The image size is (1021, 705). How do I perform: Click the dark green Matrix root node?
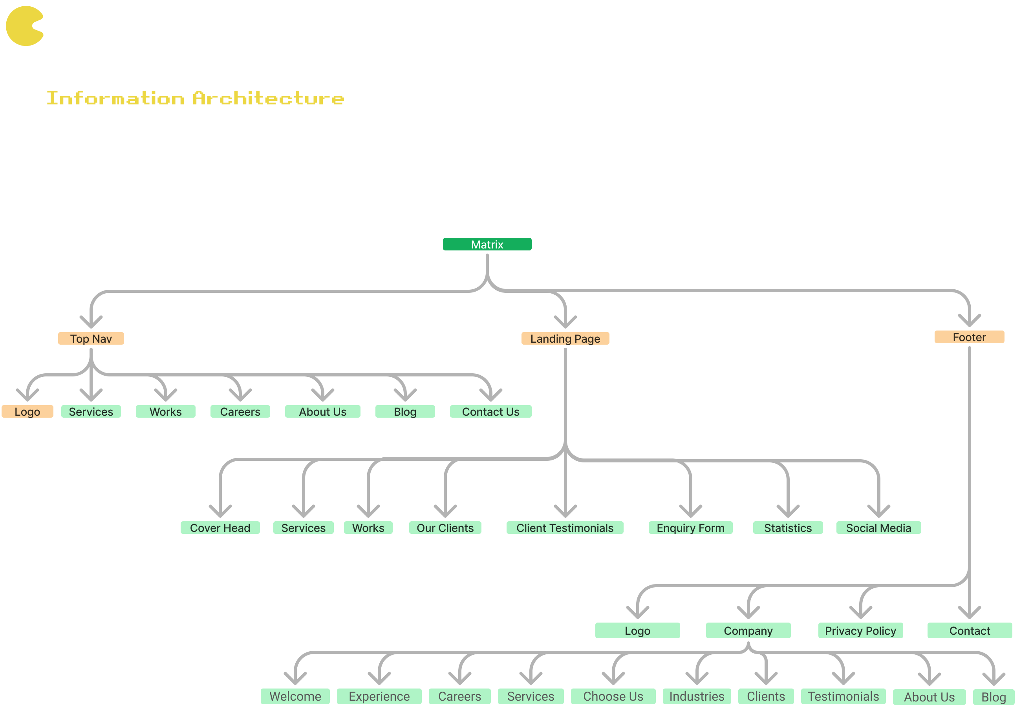tap(487, 244)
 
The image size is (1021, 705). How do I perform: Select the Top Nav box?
tap(91, 338)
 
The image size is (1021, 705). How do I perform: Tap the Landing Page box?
tap(565, 338)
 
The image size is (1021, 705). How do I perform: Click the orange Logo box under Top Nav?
tap(27, 411)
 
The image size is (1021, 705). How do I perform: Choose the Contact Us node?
tap(490, 411)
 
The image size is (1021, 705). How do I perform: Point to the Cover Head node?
tap(220, 528)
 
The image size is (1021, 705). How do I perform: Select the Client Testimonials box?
tap(565, 528)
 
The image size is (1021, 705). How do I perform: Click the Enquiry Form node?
tap(690, 528)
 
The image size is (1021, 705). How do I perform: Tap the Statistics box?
tap(788, 528)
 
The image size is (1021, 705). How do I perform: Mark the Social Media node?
tap(878, 528)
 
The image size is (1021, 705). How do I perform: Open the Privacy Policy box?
tap(860, 630)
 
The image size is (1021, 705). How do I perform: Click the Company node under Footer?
tap(748, 630)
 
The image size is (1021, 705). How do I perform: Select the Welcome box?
tap(295, 696)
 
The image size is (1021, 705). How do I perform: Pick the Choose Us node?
tap(613, 696)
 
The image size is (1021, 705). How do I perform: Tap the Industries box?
tap(697, 696)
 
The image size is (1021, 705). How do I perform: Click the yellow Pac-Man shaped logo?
tap(25, 26)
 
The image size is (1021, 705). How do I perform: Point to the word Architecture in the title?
tap(268, 98)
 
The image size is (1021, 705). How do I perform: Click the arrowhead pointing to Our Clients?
tap(445, 511)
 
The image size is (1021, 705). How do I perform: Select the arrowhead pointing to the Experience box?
tap(379, 678)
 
